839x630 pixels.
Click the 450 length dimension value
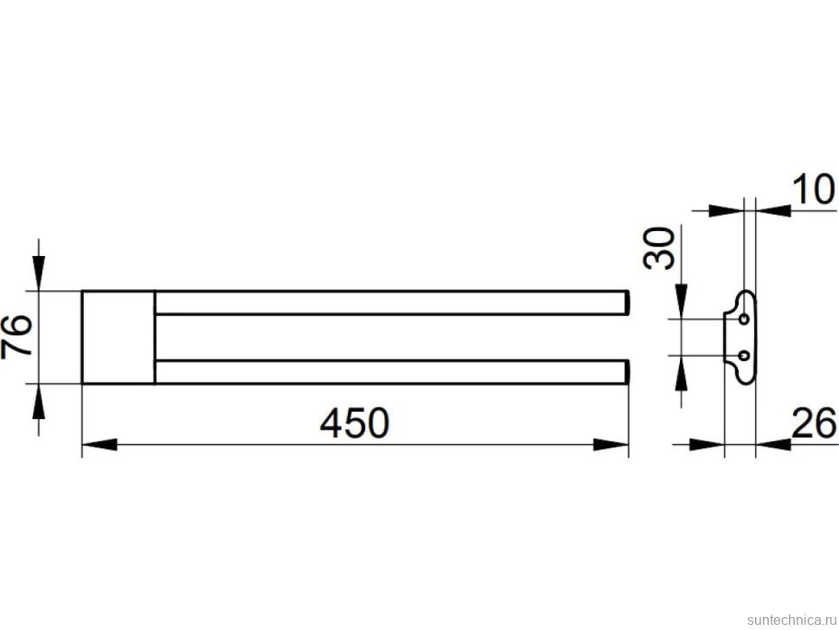pos(355,423)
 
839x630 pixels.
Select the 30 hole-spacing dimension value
pos(659,247)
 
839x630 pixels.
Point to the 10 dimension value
pos(813,189)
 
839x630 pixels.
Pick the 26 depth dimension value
pos(814,423)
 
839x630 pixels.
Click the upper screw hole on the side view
pos(744,319)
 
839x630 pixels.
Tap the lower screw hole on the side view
pos(744,356)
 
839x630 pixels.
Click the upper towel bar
pos(391,302)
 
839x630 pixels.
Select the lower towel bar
pos(391,372)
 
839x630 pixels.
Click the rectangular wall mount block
pos(118,337)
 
